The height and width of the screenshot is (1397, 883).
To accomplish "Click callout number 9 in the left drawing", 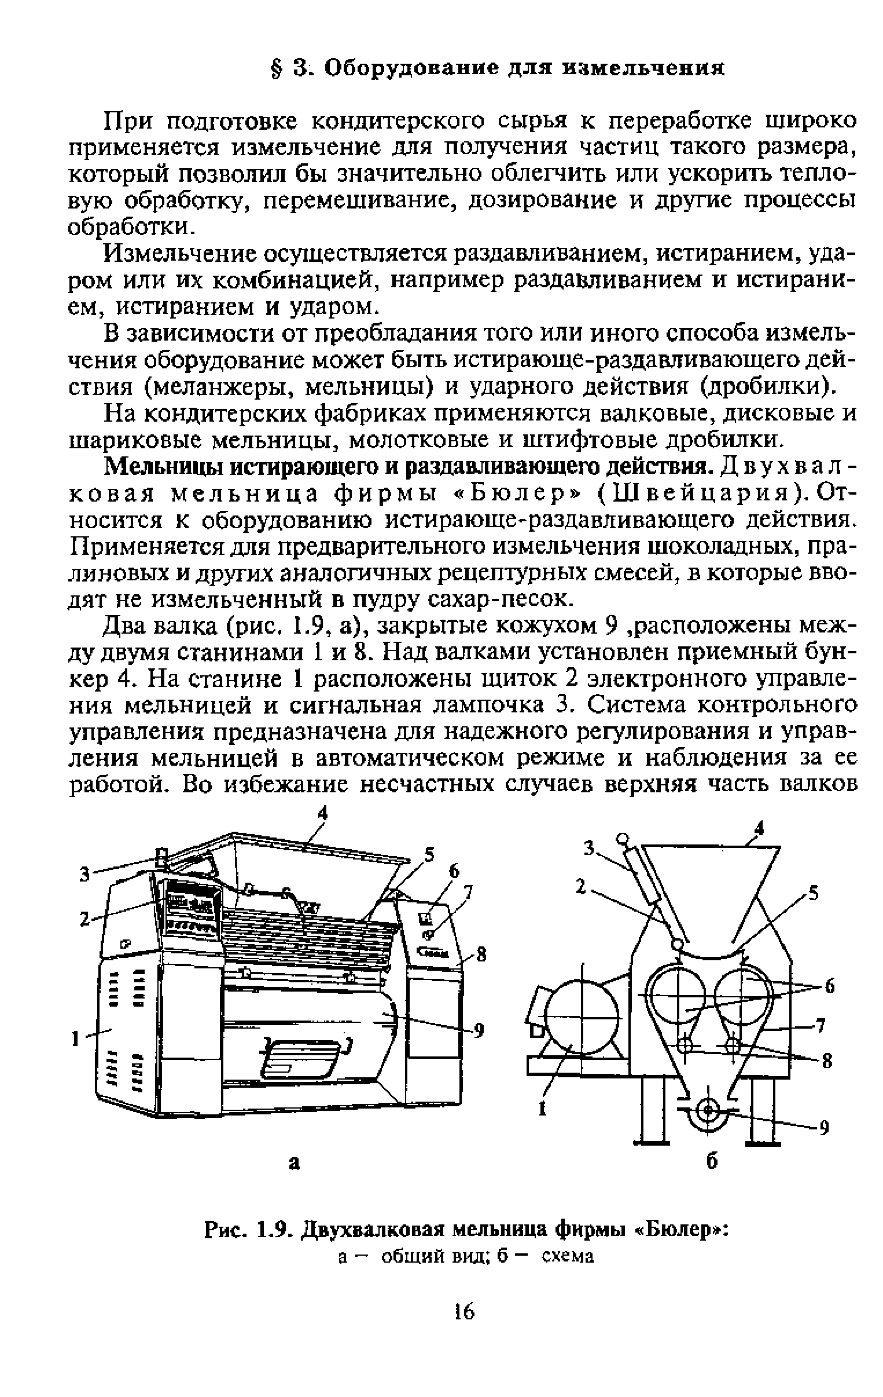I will click(479, 1030).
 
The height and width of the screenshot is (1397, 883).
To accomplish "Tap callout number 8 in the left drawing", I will click(480, 954).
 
